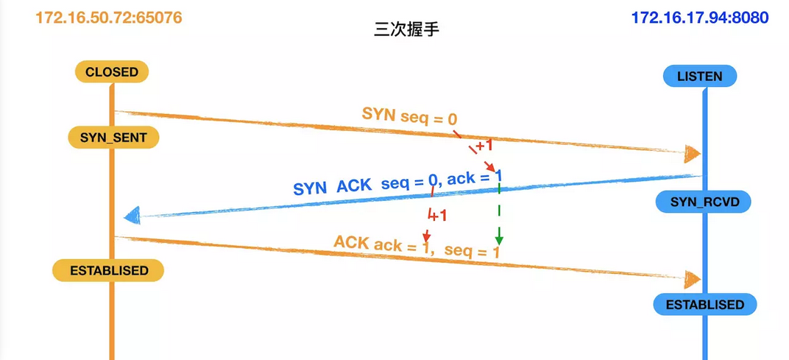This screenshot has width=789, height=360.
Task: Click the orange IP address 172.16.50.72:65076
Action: point(108,18)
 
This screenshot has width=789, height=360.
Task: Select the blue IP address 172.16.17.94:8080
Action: point(700,18)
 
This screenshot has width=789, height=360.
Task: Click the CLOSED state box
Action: point(112,72)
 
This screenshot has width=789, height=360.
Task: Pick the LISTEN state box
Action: point(699,77)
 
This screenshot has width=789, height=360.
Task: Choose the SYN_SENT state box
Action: point(113,138)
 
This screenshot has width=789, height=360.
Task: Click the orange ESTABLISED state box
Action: point(109,270)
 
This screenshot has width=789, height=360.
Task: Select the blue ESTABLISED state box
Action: point(704,304)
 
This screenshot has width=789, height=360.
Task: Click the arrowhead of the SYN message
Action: point(692,154)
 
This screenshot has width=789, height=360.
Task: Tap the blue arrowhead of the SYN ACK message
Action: point(132,215)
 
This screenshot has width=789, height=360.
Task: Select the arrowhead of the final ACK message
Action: point(692,278)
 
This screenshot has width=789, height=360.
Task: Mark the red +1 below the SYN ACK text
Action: point(438,216)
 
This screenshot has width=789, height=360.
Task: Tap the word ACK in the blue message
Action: point(355,186)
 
